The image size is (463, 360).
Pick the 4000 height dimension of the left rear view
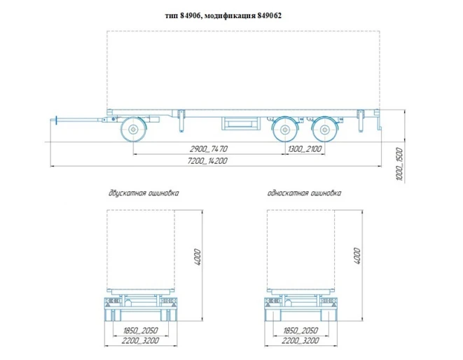coord(198,256)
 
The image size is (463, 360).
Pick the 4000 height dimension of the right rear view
coord(359,256)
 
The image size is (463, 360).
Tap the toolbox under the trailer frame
coord(240,124)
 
